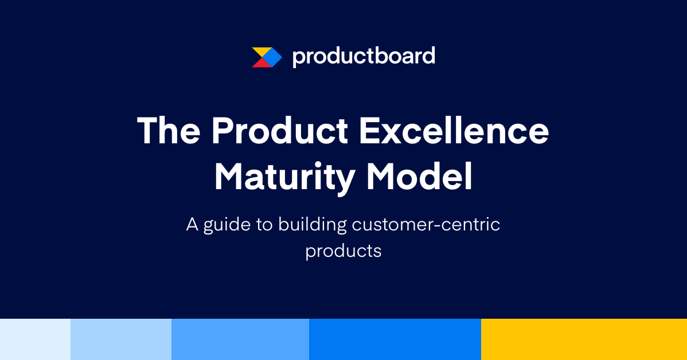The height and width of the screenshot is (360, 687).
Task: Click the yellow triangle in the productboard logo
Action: pyautogui.click(x=259, y=52)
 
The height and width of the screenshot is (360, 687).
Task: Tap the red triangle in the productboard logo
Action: pyautogui.click(x=259, y=63)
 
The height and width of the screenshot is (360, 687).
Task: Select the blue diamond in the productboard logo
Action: pyautogui.click(x=273, y=57)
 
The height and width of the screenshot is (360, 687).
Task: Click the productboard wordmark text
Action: pyautogui.click(x=364, y=56)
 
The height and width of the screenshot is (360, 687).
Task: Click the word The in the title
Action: pyautogui.click(x=168, y=131)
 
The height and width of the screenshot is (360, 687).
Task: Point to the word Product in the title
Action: pyautogui.click(x=280, y=131)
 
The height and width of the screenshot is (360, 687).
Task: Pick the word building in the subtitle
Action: pyautogui.click(x=313, y=224)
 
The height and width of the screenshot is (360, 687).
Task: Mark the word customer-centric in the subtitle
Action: pyautogui.click(x=426, y=224)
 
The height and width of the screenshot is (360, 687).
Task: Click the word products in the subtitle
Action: pyautogui.click(x=343, y=251)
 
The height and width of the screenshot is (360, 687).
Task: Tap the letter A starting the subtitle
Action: pyautogui.click(x=192, y=224)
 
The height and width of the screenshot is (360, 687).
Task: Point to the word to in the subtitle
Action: pyautogui.click(x=264, y=225)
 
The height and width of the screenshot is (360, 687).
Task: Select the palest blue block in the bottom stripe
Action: pyautogui.click(x=35, y=339)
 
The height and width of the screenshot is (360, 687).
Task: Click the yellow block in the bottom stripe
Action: pyautogui.click(x=584, y=339)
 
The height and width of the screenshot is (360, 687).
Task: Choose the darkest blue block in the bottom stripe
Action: pyautogui.click(x=395, y=339)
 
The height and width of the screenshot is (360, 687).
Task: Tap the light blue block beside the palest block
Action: pyautogui.click(x=120, y=339)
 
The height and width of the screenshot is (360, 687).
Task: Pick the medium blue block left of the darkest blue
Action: pyautogui.click(x=240, y=339)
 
